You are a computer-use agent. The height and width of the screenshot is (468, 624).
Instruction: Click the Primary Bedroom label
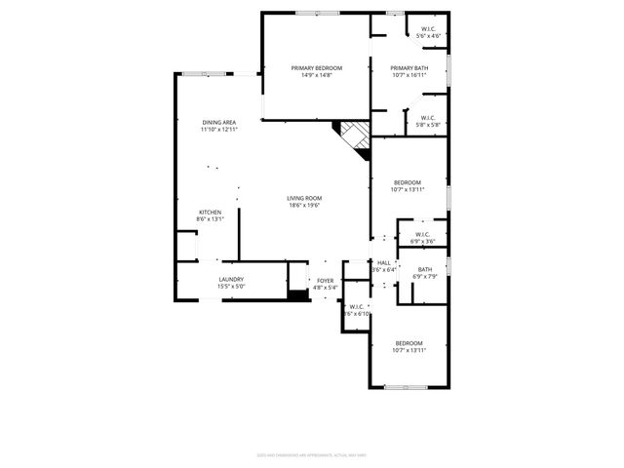[x=315, y=67]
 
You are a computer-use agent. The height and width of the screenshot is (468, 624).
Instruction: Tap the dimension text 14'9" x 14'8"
[x=315, y=74]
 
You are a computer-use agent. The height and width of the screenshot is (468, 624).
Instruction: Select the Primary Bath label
[x=409, y=67]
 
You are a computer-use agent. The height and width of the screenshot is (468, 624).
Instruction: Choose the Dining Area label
[x=219, y=122]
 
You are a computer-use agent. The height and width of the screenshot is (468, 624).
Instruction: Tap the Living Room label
[x=304, y=198]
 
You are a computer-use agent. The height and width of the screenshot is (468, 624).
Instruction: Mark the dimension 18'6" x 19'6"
[x=304, y=205]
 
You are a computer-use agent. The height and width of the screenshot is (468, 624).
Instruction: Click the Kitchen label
[x=210, y=213]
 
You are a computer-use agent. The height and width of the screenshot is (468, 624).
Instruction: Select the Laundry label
[x=231, y=280]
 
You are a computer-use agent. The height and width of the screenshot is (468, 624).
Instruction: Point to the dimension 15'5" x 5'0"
[x=231, y=287]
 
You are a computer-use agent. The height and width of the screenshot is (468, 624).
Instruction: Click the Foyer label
[x=325, y=281]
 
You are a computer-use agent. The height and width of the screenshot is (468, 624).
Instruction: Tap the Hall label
[x=384, y=262]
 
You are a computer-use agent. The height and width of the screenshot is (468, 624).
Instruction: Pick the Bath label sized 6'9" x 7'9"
[x=425, y=270]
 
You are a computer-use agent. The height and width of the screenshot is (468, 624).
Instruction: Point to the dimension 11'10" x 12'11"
[x=219, y=129]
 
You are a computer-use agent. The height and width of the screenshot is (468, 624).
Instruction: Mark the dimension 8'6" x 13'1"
[x=210, y=219]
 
